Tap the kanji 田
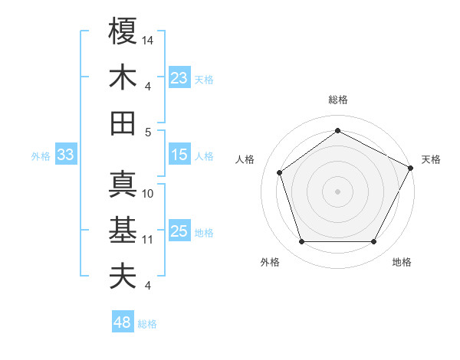(123, 123)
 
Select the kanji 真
(123, 184)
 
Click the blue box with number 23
(179, 78)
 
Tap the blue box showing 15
(179, 155)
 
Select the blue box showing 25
(179, 232)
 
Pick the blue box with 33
(65, 155)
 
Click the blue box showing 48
(122, 323)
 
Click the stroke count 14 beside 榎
(149, 39)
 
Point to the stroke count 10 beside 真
(149, 193)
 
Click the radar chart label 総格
(338, 100)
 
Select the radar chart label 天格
(431, 159)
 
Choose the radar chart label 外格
(270, 262)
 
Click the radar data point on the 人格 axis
(280, 172)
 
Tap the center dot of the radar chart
(338, 191)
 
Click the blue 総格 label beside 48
(147, 324)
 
